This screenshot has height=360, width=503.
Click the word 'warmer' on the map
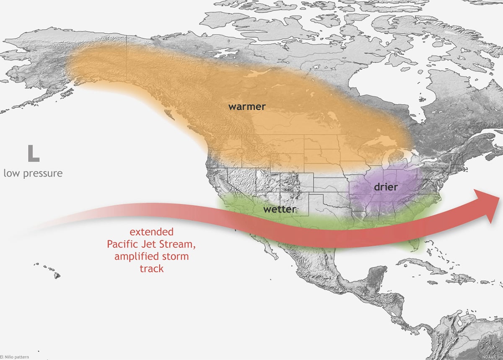[x=246, y=106]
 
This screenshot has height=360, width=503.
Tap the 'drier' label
[x=385, y=187]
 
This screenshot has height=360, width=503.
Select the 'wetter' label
[x=280, y=209]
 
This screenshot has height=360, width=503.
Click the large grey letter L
[x=33, y=154]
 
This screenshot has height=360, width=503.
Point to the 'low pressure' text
[x=33, y=173]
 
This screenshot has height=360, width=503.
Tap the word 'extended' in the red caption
[x=151, y=232]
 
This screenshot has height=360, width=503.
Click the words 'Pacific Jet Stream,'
[x=151, y=244]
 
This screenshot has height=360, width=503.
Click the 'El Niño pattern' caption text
[x=15, y=357]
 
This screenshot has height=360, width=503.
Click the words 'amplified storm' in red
[x=151, y=256]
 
